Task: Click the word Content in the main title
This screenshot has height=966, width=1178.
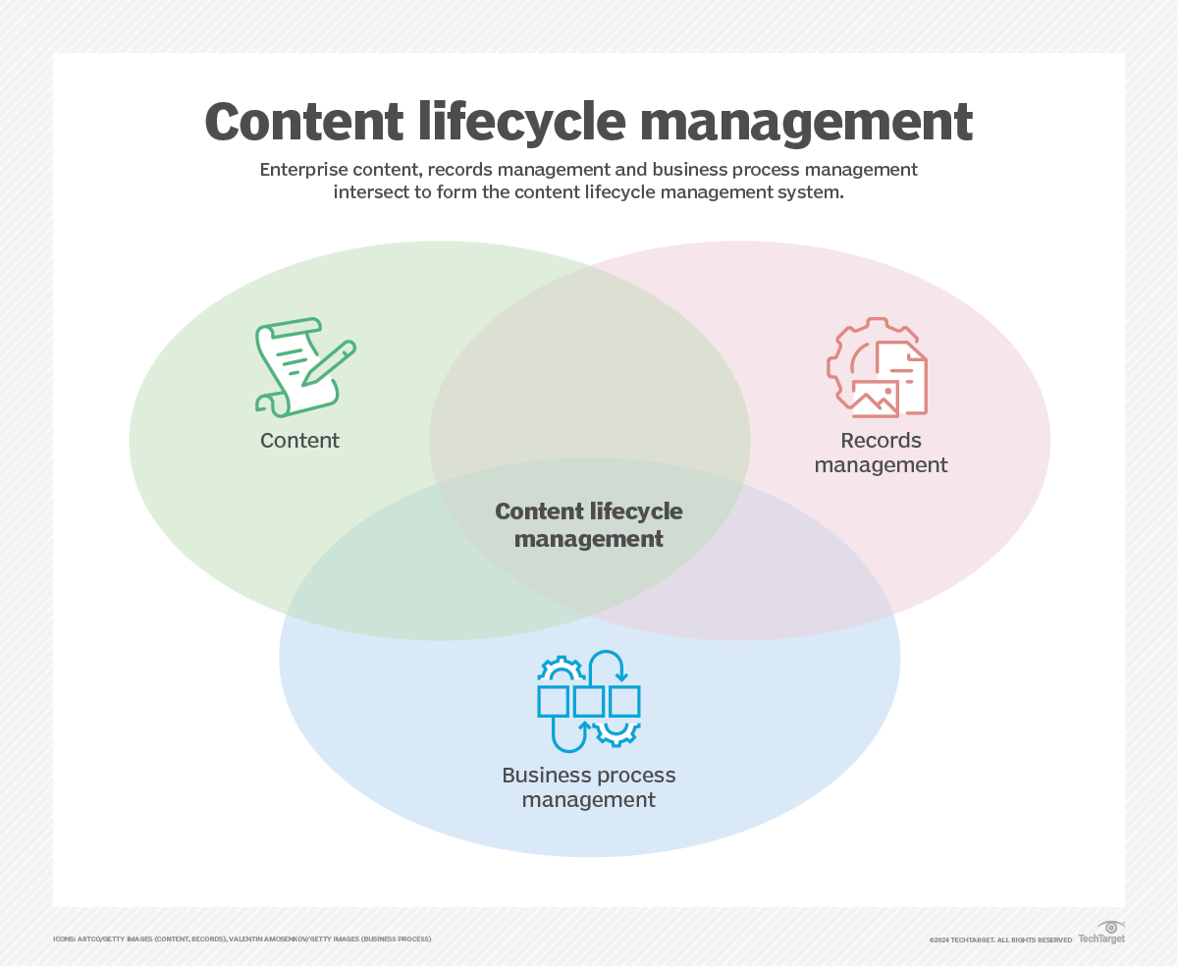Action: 304,123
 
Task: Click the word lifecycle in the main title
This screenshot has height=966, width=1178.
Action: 521,123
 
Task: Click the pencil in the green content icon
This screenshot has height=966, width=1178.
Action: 329,363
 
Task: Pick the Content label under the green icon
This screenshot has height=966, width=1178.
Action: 299,441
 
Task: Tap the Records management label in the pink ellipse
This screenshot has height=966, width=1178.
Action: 881,453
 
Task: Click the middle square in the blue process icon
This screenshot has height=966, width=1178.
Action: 589,701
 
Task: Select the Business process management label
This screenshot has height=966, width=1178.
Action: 589,787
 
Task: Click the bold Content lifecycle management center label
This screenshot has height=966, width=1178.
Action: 589,525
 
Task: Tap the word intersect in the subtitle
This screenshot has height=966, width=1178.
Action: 370,192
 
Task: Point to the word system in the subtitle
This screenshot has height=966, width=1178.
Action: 811,192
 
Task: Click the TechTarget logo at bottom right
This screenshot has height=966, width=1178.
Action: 1101,934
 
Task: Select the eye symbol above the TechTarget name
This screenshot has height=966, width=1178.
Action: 1111,927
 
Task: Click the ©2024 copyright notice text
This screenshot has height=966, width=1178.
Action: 1000,940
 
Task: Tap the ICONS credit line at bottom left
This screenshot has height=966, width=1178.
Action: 241,939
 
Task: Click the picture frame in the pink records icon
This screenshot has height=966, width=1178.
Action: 875,398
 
